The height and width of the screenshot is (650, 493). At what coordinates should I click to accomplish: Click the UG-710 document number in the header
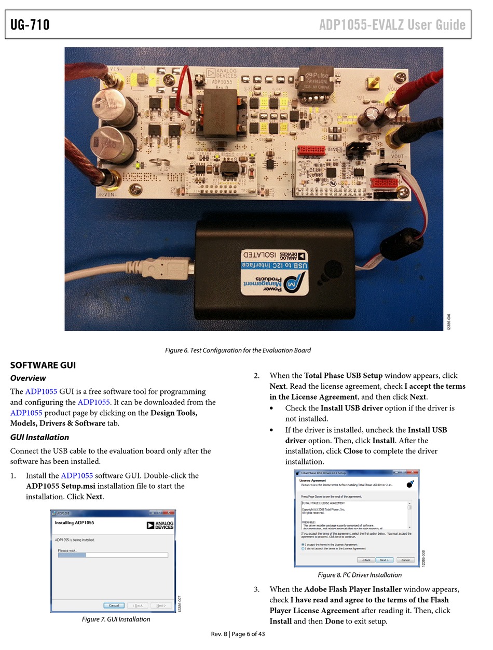(30, 24)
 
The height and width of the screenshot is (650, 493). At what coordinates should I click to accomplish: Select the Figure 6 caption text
(238, 350)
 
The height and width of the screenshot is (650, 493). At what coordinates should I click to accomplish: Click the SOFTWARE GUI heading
(43, 365)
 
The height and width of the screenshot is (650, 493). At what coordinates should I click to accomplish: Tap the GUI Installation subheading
(39, 437)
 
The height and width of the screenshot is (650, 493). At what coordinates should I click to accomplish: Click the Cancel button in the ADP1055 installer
(114, 605)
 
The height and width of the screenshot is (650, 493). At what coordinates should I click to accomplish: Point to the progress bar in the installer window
(113, 555)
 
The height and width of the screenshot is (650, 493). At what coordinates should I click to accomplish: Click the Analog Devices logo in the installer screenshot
(160, 525)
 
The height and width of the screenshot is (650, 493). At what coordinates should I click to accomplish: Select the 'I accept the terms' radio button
(303, 545)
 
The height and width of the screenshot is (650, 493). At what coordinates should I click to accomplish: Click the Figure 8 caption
(360, 575)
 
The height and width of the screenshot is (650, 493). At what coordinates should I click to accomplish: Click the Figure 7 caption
(116, 619)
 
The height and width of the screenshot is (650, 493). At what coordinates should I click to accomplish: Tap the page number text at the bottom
(238, 634)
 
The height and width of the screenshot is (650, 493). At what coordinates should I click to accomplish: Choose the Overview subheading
(28, 378)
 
